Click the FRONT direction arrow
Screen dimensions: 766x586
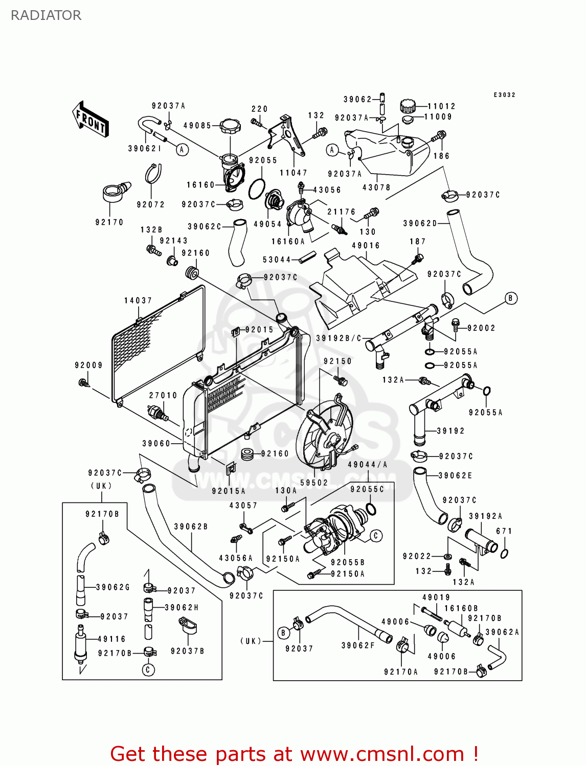[x=91, y=119]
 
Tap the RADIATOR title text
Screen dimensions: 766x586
[x=46, y=15]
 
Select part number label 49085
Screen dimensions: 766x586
[x=197, y=126]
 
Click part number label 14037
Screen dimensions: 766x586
[x=138, y=301]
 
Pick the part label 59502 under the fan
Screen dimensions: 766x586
[x=314, y=483]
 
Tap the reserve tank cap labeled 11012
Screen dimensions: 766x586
[x=408, y=106]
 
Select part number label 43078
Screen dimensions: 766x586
[x=376, y=187]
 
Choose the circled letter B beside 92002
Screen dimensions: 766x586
[x=511, y=298]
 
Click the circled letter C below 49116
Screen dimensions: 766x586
[x=148, y=669]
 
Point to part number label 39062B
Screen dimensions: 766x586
[x=191, y=526]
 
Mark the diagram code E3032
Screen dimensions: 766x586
[x=504, y=95]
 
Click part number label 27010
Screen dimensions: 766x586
[x=163, y=395]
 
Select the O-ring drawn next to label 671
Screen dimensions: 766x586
[x=504, y=553]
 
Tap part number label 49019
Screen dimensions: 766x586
[x=436, y=597]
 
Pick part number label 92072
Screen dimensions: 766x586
[x=151, y=204]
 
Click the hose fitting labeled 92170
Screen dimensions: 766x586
[x=115, y=194]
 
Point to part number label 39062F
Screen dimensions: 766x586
[x=358, y=645]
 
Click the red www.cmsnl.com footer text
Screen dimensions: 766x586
[x=294, y=754]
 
